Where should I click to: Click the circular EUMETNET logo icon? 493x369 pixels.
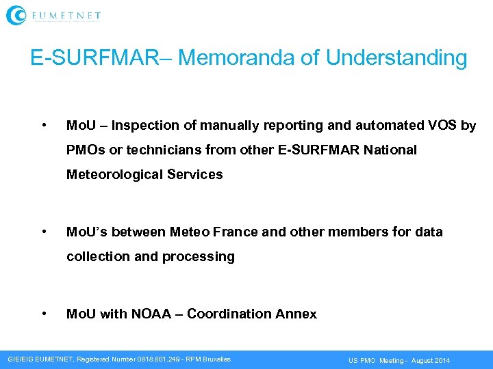(16, 15)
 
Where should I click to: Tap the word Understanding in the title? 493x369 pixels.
(396, 57)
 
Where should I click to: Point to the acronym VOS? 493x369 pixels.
(444, 126)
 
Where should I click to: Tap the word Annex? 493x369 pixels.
(296, 314)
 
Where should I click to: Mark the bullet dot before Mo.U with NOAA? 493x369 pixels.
(44, 313)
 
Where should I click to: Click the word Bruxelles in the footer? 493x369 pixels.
(214, 359)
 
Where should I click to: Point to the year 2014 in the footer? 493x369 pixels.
(442, 360)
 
